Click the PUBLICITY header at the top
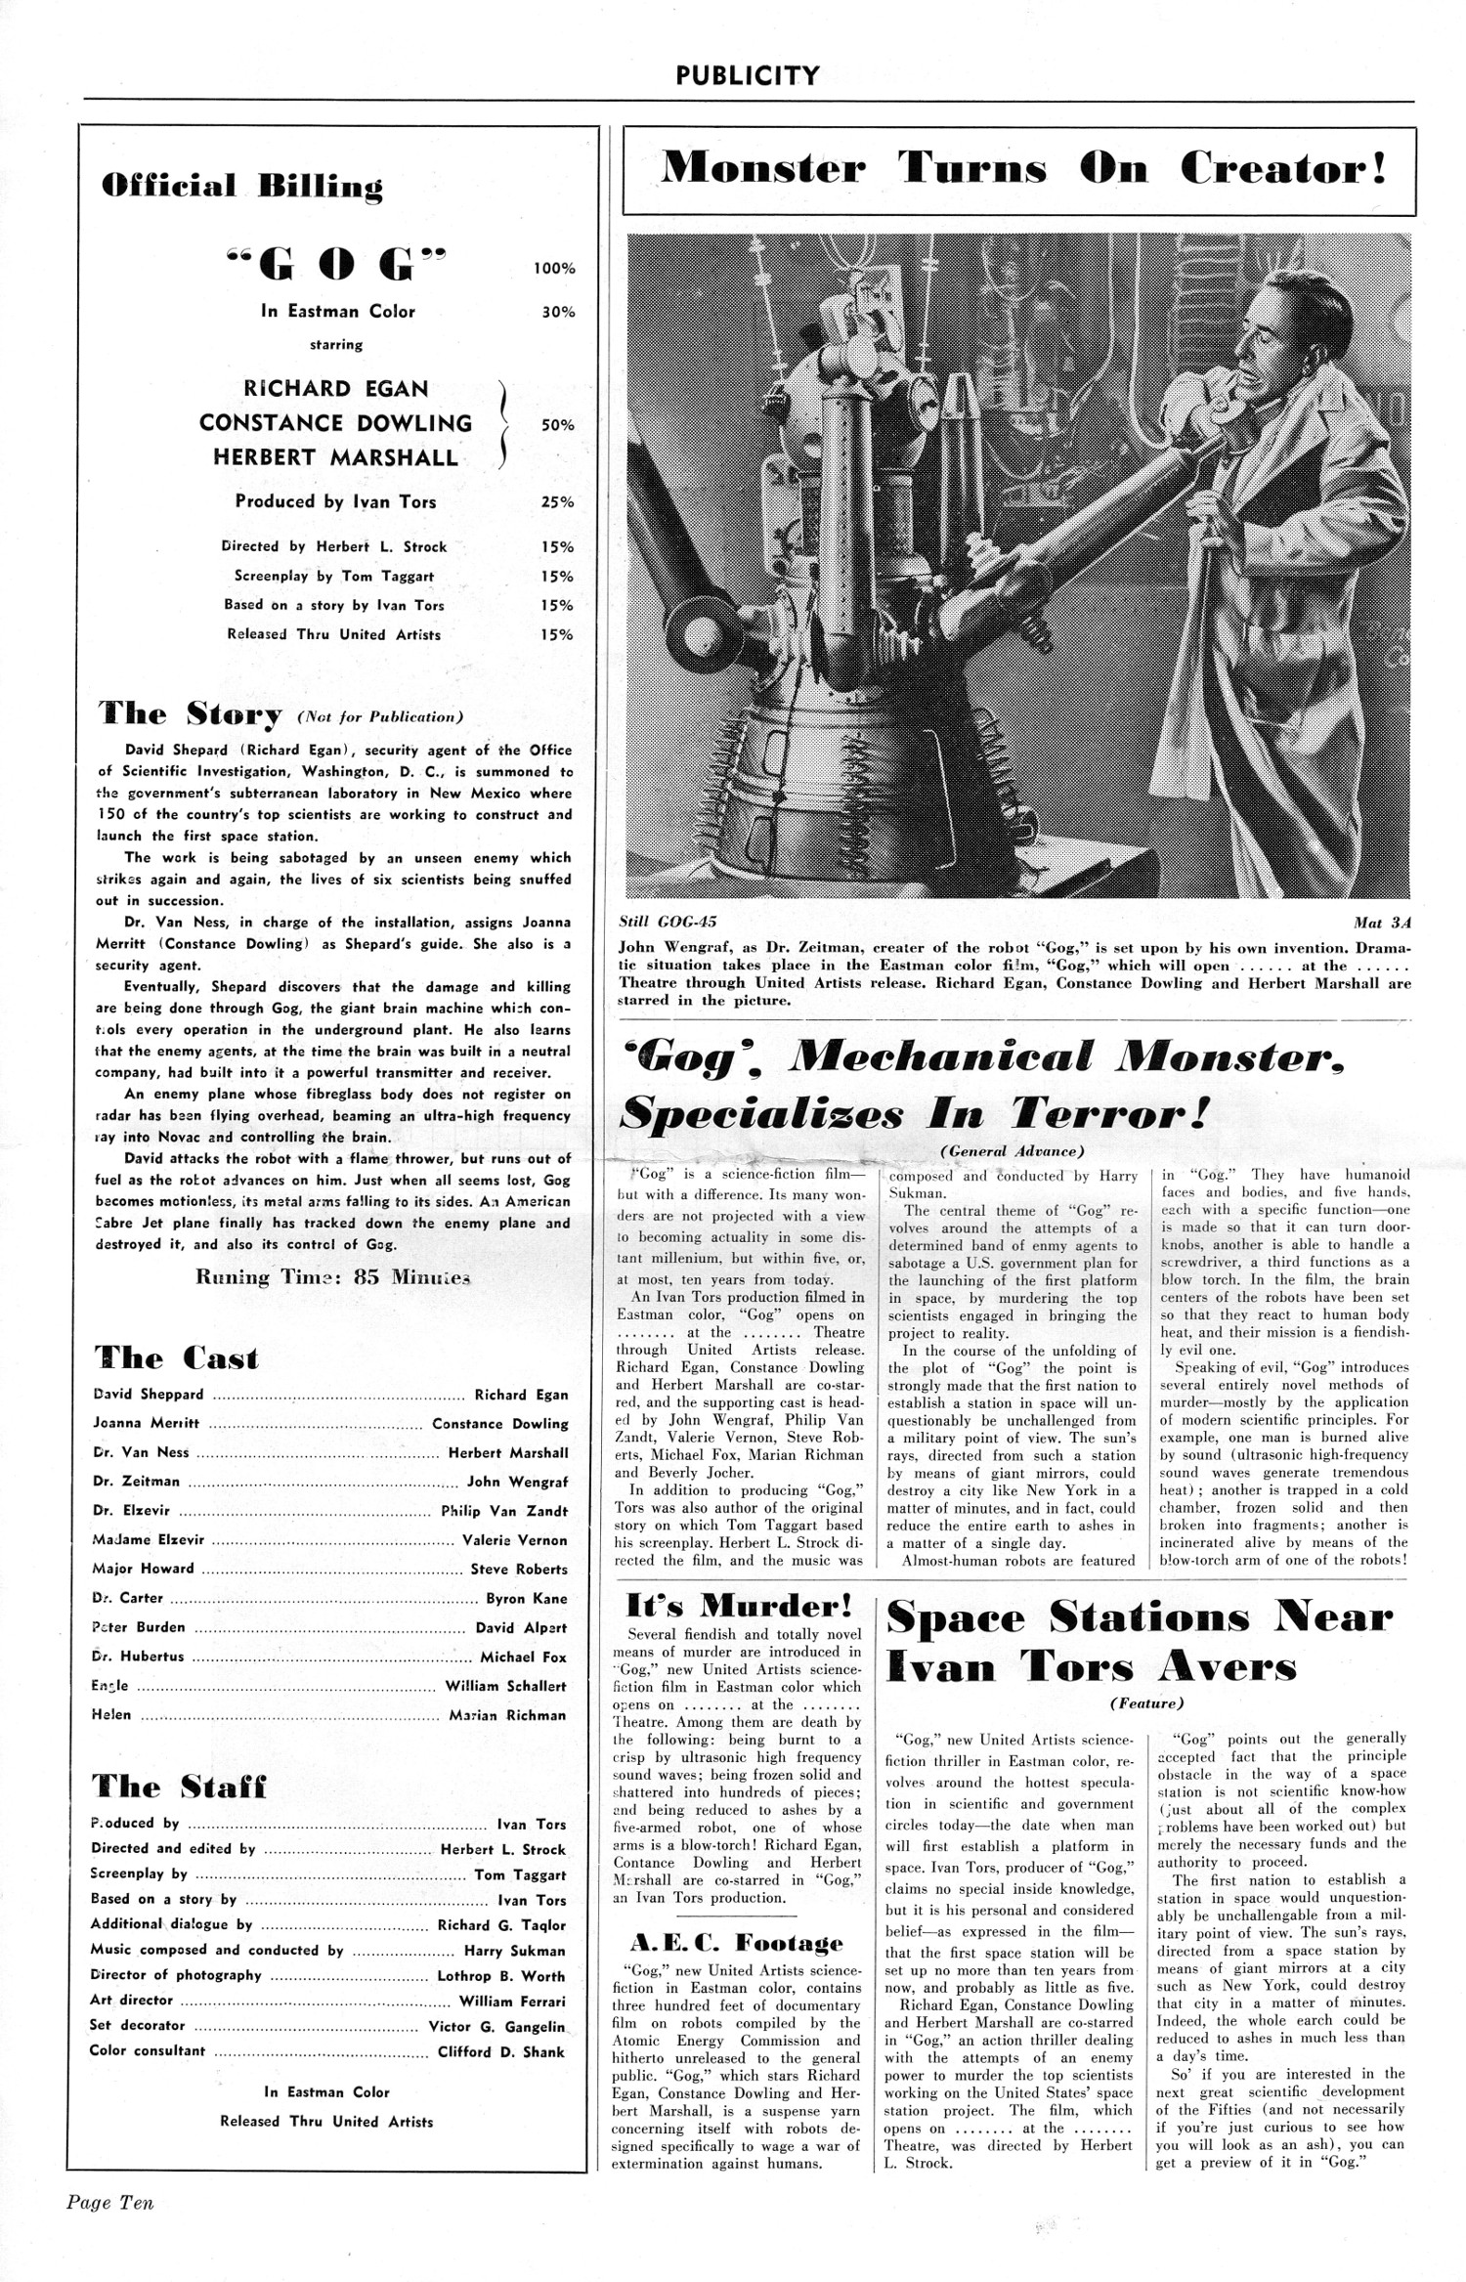pos(748,74)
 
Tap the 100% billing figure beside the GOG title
pos(554,268)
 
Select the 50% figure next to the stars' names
pos(557,425)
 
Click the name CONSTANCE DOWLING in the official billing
pos(335,423)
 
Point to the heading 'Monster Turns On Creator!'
pos(1021,170)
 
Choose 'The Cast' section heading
pos(177,1357)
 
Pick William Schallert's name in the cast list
pos(505,1686)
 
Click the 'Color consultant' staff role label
pos(148,2051)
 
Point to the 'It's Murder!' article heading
pos(739,1607)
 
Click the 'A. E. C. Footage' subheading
pos(736,1942)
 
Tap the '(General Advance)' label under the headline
pos(1013,1152)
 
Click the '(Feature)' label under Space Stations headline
pos(1145,1702)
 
